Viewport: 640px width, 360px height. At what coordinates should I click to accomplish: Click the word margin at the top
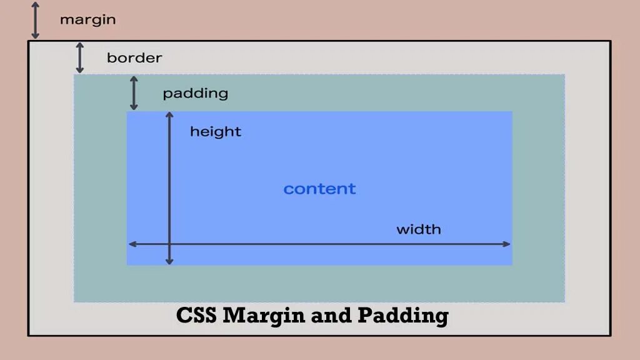tap(87, 19)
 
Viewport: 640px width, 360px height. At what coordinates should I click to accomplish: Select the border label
tap(134, 58)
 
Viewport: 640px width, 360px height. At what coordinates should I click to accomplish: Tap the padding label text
tap(195, 94)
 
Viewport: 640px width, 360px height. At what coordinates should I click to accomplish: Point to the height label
tap(216, 132)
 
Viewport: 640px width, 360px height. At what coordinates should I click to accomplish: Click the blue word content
tap(319, 189)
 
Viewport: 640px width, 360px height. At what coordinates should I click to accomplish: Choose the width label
tap(419, 229)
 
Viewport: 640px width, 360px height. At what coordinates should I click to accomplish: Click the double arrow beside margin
tap(36, 21)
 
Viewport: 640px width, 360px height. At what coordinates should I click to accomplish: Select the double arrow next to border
tap(80, 58)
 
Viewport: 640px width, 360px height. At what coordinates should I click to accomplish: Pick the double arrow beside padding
tap(134, 93)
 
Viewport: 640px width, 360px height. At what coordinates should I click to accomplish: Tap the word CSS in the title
tap(196, 315)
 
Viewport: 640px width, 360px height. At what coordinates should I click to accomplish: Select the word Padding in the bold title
tap(402, 316)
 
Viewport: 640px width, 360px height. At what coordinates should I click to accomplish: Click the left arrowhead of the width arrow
tap(131, 244)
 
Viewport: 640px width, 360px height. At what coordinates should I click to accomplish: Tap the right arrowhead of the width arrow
tap(507, 244)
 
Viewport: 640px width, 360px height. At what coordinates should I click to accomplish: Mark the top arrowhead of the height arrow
tap(169, 115)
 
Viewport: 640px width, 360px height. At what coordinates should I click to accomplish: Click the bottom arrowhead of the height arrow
tap(169, 261)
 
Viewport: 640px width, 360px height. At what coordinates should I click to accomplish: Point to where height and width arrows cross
tap(169, 244)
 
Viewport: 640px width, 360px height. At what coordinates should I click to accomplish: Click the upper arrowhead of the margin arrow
tap(36, 5)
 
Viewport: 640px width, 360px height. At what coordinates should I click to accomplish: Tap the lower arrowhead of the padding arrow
tap(134, 107)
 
